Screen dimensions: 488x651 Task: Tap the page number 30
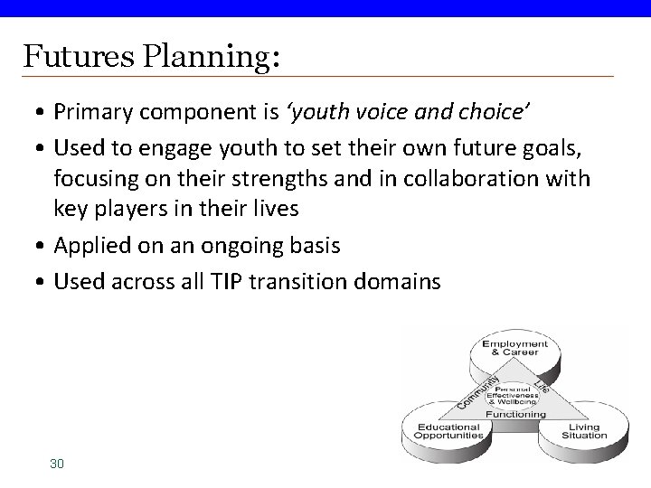(x=57, y=464)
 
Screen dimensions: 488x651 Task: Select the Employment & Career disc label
(x=514, y=350)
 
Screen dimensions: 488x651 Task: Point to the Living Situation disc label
(x=584, y=431)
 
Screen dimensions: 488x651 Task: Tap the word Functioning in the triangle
(x=515, y=414)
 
